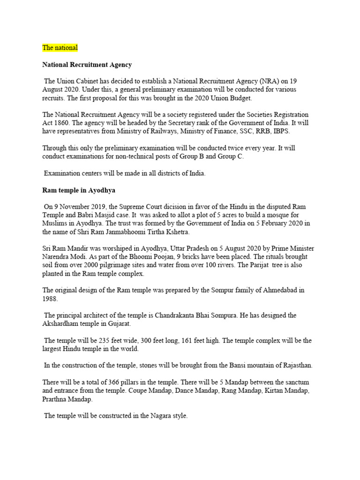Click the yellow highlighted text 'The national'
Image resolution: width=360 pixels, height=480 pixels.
pos(60,48)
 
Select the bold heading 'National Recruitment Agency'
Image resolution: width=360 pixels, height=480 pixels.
pos(87,65)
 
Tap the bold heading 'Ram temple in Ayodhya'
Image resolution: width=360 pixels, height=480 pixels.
pos(79,190)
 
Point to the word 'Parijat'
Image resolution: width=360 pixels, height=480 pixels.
pos(259,265)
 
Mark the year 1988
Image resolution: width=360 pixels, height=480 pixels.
pos(50,299)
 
